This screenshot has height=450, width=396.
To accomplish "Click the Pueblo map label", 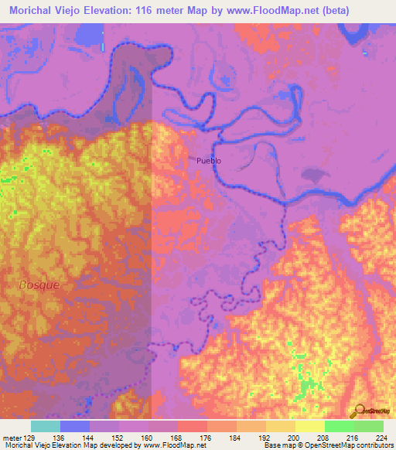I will click(x=209, y=161).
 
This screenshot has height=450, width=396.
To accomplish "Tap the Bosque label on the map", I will click(x=39, y=285).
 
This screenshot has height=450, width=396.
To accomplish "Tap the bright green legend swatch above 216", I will click(x=339, y=426).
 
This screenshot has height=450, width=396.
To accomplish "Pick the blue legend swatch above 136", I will click(x=74, y=426).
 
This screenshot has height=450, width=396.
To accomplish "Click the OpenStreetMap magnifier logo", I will click(x=359, y=412).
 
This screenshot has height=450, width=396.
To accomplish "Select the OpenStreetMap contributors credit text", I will click(x=347, y=445).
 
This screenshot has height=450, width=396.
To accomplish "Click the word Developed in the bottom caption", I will click(x=123, y=445).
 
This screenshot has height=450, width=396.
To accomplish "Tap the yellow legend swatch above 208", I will click(x=309, y=426).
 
